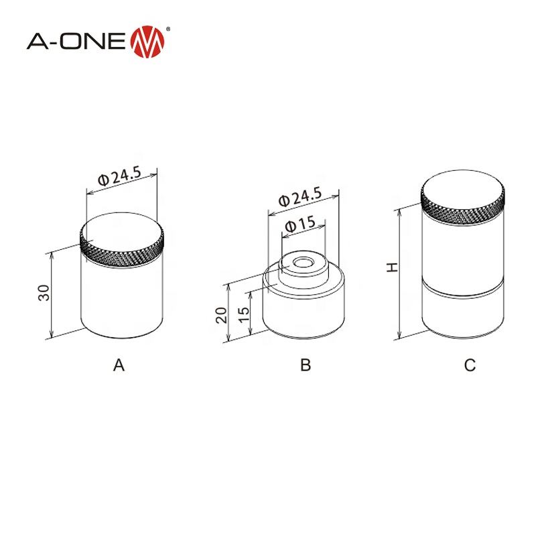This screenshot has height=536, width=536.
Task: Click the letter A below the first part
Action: (119, 365)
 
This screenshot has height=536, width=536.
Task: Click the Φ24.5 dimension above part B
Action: (300, 198)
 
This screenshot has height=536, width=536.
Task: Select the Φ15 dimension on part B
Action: (299, 225)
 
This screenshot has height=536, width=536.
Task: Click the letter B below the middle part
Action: (306, 365)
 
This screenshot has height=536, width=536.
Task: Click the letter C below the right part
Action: (470, 365)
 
